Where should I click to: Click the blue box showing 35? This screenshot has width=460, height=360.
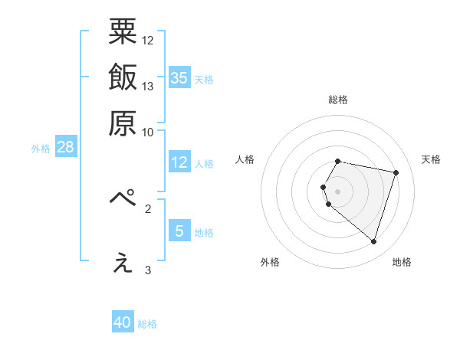point(179,77)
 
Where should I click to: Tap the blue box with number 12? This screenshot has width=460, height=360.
point(179,162)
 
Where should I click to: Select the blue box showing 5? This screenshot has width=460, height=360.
point(179,231)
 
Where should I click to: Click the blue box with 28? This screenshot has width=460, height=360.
point(65,147)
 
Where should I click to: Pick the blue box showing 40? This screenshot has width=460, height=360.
point(123,322)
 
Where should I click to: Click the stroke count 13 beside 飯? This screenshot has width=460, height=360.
point(149,86)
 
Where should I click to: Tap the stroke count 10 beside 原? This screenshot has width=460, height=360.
point(149,132)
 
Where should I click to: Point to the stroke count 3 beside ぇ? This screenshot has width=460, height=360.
point(149,270)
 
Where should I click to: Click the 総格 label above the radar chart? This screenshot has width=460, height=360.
point(338,100)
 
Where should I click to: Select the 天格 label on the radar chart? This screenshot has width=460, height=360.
point(431,159)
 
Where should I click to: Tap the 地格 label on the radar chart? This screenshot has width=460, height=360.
point(402,262)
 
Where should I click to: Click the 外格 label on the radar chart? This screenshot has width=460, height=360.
point(270,262)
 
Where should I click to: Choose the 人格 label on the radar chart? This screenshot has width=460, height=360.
point(245,159)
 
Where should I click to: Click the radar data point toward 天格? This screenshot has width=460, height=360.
point(396,173)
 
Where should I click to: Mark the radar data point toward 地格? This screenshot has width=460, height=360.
point(373,242)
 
